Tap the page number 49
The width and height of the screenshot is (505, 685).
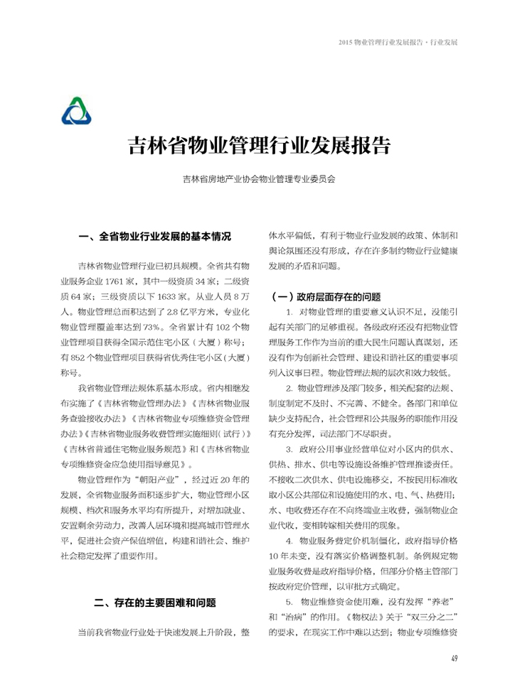pos(453,657)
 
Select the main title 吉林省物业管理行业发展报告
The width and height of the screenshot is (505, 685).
pos(258,146)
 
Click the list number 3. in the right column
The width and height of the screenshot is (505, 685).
pos(289,449)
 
